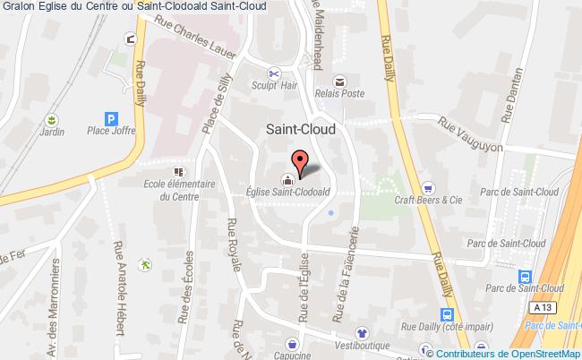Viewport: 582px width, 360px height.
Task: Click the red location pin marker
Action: [300, 161]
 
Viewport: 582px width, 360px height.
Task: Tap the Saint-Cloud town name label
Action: [302, 129]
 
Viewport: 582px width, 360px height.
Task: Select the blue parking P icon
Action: [111, 117]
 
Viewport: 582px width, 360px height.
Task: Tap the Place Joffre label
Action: [111, 133]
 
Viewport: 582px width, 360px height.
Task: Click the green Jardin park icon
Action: [51, 119]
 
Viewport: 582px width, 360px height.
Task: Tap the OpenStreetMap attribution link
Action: [535, 352]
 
